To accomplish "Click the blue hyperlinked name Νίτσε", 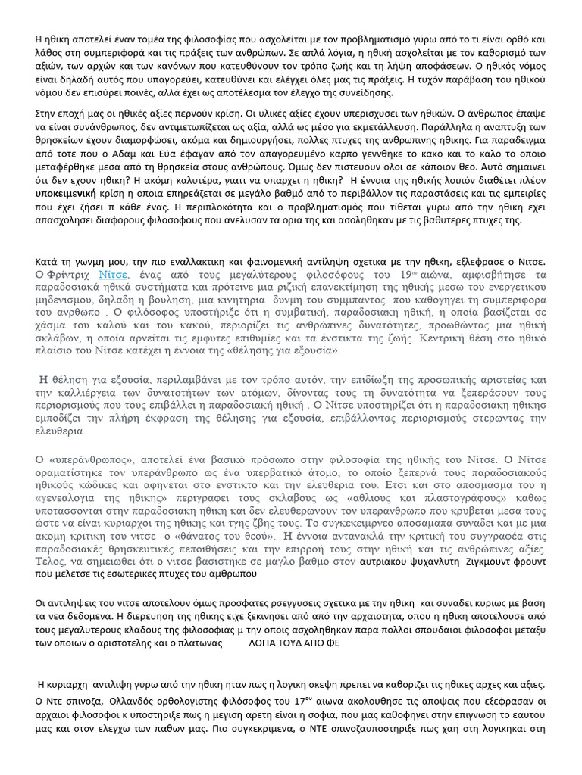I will coord(114,274).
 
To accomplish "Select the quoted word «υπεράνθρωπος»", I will coord(86,459).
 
